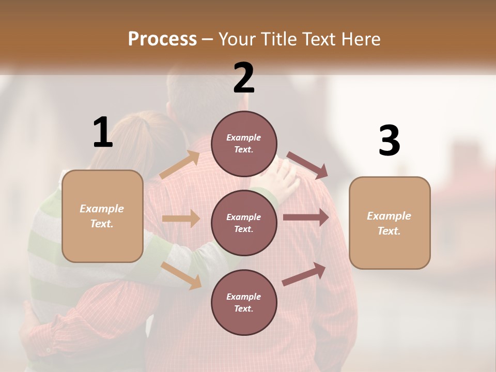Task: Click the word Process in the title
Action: (162, 39)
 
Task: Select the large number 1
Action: (103, 132)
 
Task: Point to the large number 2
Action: (244, 78)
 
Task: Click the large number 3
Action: (389, 141)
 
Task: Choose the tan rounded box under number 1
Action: (102, 216)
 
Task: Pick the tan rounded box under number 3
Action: (390, 223)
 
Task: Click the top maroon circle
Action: (244, 144)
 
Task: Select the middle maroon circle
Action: (244, 223)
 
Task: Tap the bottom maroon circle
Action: (244, 302)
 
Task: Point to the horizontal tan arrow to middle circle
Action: (181, 219)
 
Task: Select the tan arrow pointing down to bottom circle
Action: (181, 275)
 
